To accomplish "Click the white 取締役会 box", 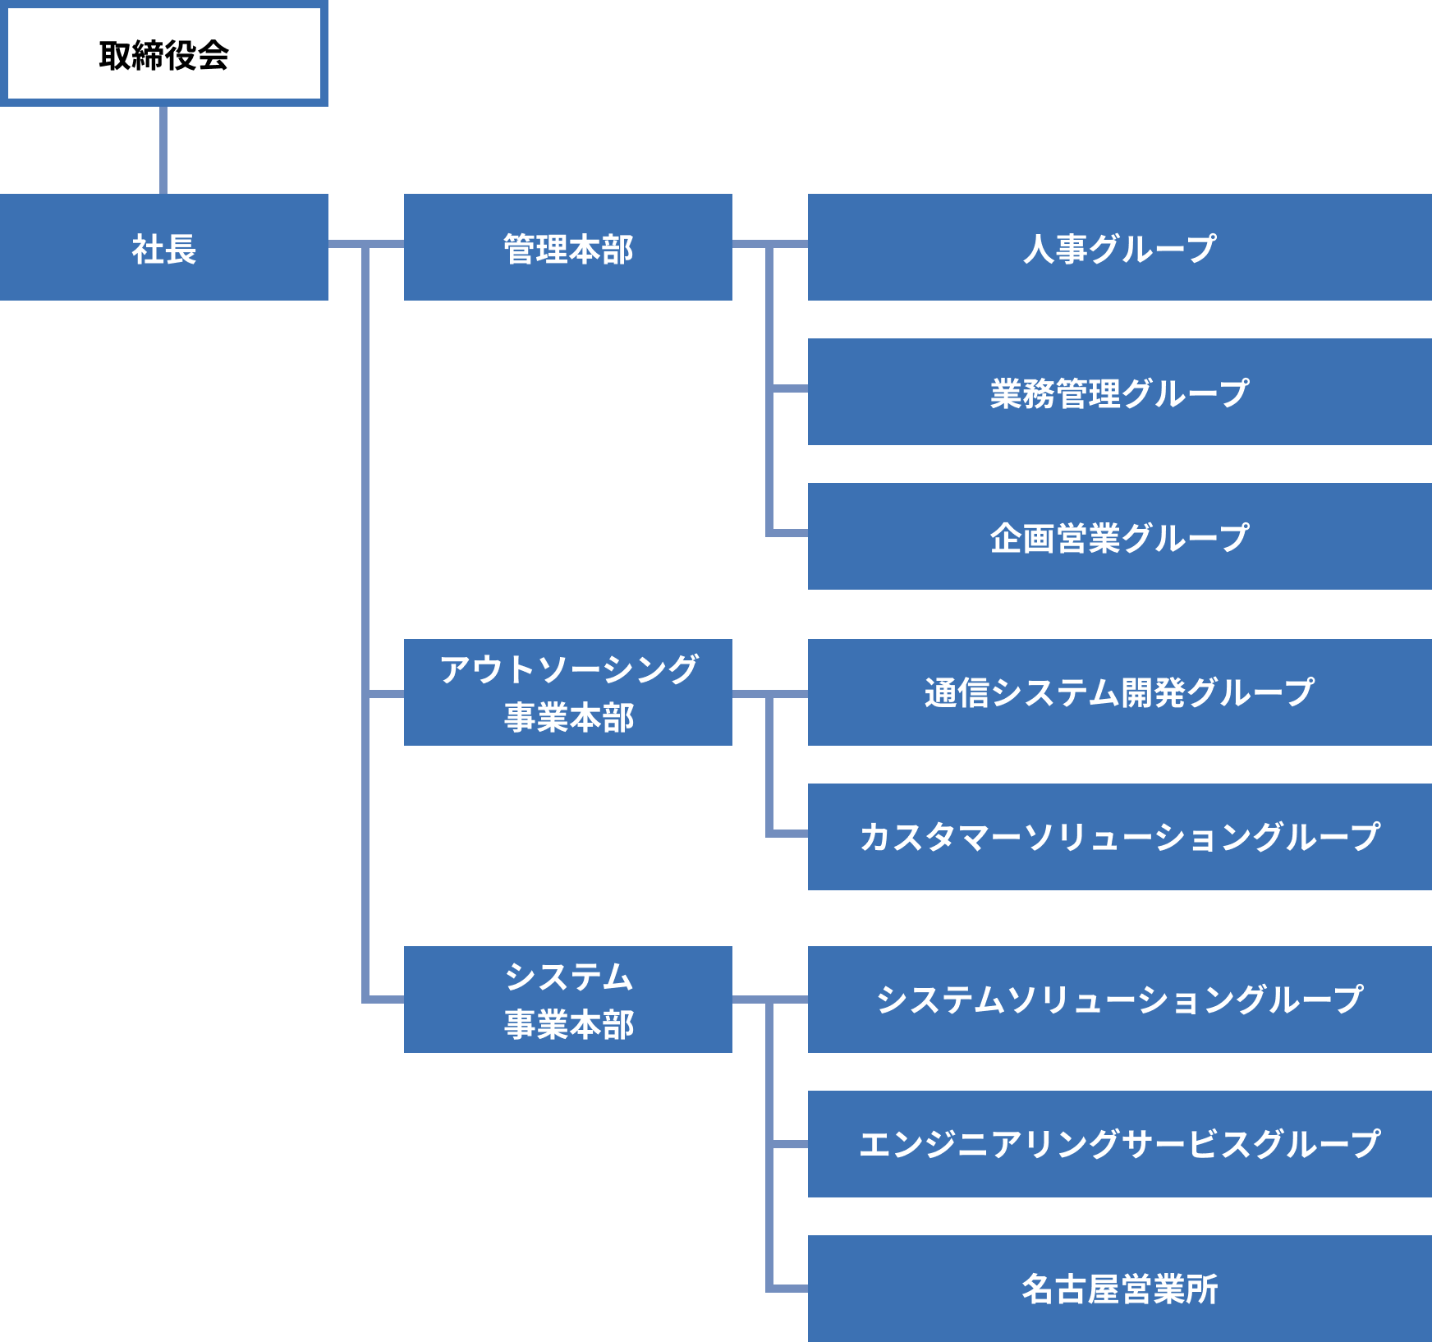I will pos(163,54).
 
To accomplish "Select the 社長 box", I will pos(163,247).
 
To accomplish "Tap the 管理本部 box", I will pos(567,247).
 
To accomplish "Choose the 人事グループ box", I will pos(1119,247).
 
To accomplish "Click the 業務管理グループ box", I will pos(1119,392).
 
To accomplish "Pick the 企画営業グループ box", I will pos(1119,536).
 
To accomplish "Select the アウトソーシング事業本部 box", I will pos(567,692).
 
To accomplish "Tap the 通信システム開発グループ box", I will pos(1119,692).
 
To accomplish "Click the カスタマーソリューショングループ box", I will pos(1119,837).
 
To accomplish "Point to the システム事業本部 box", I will pos(567,1000).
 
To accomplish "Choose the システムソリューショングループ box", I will pos(1119,1000).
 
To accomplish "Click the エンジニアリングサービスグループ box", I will pos(1119,1144).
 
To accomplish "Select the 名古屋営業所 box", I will pos(1119,1289).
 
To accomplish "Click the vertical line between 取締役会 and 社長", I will pos(163,150).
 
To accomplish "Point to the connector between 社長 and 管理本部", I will pos(345,244).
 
